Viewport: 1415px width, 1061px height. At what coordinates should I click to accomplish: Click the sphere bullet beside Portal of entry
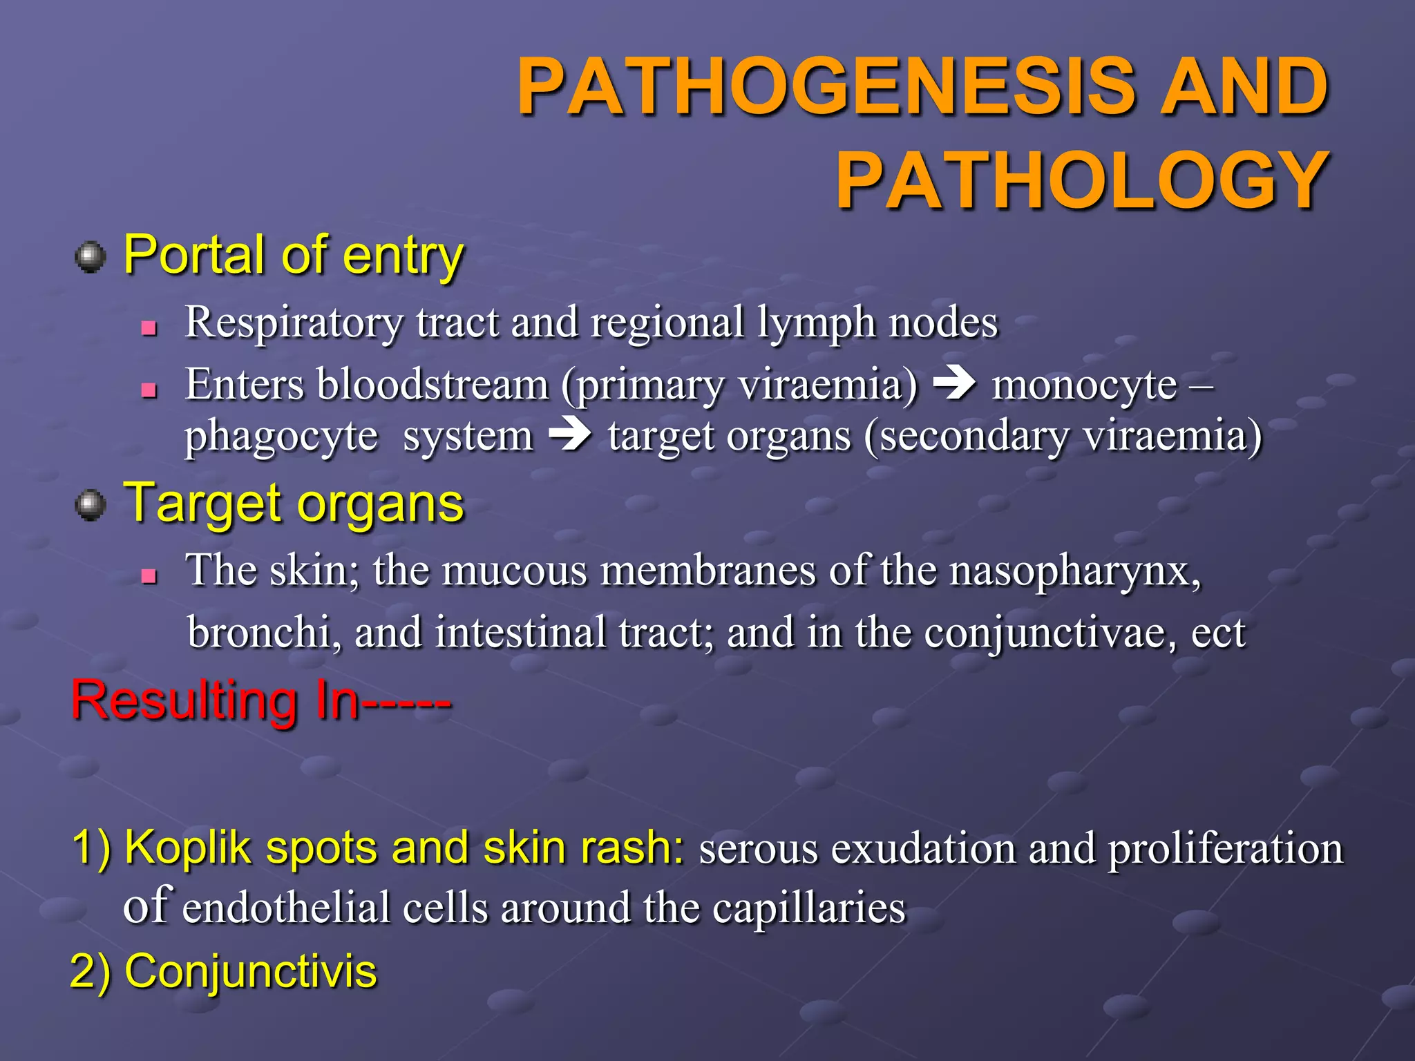pyautogui.click(x=91, y=257)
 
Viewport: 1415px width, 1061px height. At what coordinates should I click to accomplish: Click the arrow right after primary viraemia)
pyautogui.click(x=954, y=384)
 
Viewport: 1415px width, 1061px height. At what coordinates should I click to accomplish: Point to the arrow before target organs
pyautogui.click(x=570, y=436)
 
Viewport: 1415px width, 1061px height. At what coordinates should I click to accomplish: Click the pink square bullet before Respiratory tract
pyautogui.click(x=149, y=327)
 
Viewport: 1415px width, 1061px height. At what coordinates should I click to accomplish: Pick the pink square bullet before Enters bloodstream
pyautogui.click(x=149, y=390)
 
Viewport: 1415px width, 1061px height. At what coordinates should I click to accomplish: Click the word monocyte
pyautogui.click(x=1084, y=385)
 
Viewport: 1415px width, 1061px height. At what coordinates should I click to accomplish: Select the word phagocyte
pyautogui.click(x=281, y=437)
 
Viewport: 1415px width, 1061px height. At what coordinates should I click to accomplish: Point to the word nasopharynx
pyautogui.click(x=1074, y=572)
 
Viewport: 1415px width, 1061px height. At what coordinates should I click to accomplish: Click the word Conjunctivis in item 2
pyautogui.click(x=250, y=971)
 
